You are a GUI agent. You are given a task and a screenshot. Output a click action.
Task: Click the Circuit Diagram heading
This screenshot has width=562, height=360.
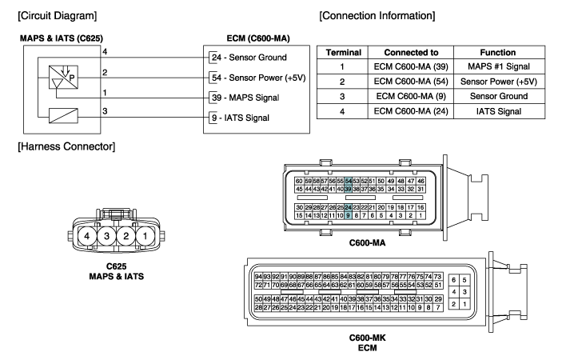click(x=58, y=16)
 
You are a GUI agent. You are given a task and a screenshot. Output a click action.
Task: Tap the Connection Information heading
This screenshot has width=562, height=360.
click(x=377, y=16)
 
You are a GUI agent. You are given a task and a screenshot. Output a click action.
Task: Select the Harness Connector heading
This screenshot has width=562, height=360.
click(x=66, y=146)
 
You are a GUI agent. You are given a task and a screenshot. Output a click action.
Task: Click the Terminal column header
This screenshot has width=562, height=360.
click(x=344, y=52)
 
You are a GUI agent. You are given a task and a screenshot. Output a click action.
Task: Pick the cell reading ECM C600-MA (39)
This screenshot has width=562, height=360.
click(x=411, y=66)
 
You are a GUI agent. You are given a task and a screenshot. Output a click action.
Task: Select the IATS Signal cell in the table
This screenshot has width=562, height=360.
click(x=499, y=111)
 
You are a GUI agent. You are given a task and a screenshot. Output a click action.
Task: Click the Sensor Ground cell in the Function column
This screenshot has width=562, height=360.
click(x=499, y=96)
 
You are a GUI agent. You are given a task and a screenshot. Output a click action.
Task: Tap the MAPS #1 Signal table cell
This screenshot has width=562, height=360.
click(x=499, y=66)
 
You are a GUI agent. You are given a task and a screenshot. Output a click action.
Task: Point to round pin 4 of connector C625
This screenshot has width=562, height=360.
click(x=86, y=236)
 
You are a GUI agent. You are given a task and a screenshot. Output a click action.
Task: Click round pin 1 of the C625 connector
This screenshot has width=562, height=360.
click(x=145, y=236)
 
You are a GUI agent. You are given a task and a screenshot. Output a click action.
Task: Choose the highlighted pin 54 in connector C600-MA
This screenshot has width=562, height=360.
click(x=348, y=181)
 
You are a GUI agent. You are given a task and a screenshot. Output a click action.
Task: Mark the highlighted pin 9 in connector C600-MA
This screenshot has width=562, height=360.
click(x=348, y=215)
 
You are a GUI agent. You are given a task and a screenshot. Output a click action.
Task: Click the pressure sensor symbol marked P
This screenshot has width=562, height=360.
click(x=63, y=77)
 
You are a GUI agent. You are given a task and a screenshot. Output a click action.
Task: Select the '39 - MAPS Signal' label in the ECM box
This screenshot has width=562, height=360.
click(x=245, y=98)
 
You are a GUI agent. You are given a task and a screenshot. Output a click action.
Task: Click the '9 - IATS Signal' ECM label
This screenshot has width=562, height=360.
click(x=240, y=118)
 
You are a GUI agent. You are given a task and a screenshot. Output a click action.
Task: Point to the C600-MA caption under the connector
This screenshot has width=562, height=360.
click(x=368, y=243)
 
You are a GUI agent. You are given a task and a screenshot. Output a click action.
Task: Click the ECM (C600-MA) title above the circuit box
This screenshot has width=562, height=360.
click(x=258, y=38)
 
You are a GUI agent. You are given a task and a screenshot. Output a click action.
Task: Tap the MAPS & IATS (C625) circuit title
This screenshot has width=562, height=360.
click(x=62, y=38)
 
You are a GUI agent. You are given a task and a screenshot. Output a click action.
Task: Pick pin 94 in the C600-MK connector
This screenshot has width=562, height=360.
click(x=258, y=277)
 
